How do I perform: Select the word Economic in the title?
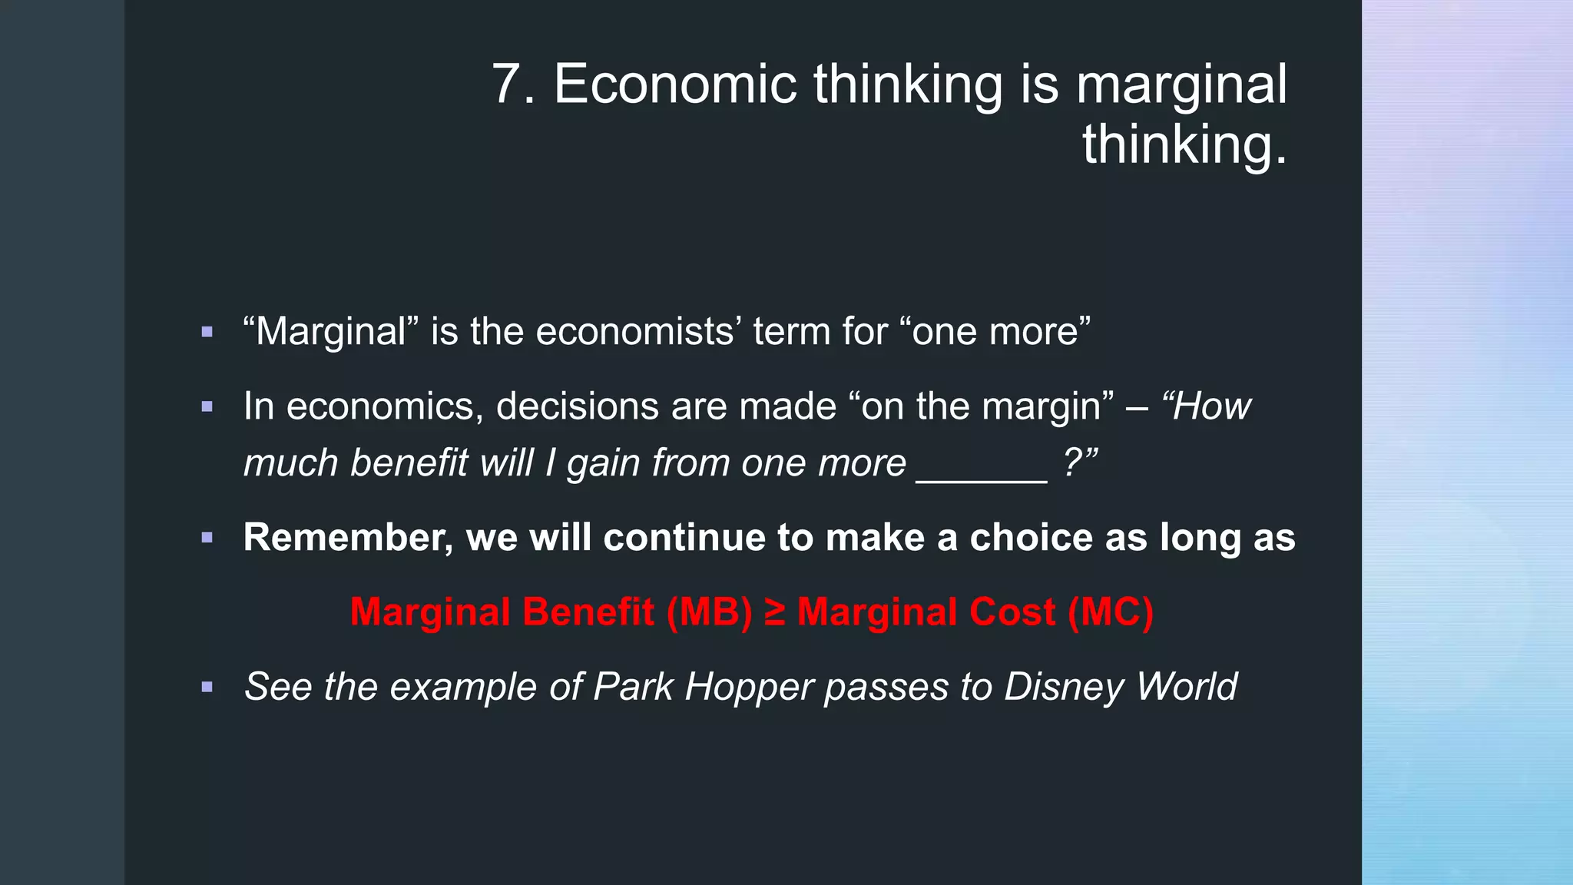pyautogui.click(x=675, y=85)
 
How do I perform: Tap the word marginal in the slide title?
pyautogui.click(x=1181, y=85)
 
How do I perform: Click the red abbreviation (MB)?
pyautogui.click(x=710, y=612)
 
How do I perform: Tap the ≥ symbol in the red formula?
pyautogui.click(x=775, y=613)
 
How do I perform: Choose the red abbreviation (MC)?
pyautogui.click(x=1111, y=612)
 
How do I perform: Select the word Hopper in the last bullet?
pyautogui.click(x=750, y=687)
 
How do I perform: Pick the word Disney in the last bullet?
pyautogui.click(x=1064, y=687)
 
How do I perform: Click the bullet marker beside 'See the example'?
pyautogui.click(x=207, y=688)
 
